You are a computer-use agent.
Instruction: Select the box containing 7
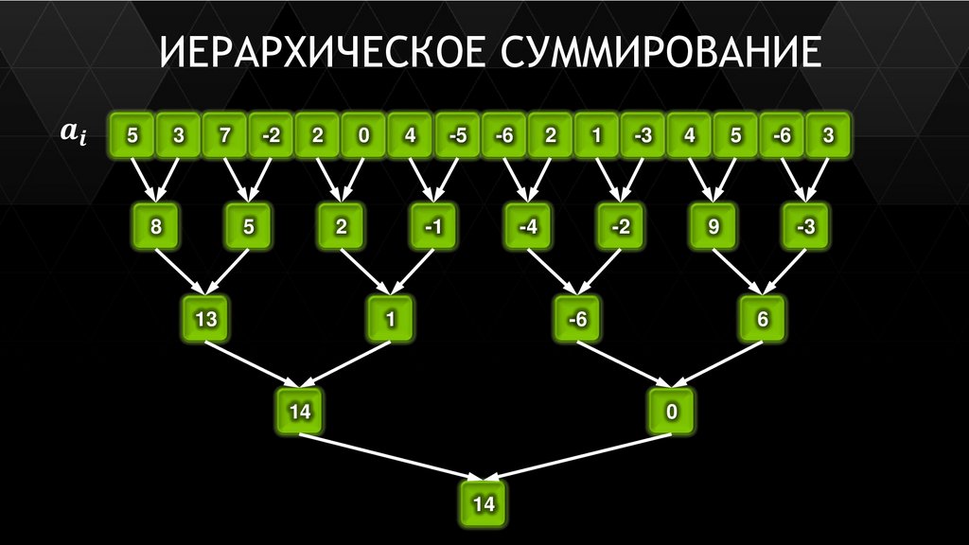[x=225, y=135]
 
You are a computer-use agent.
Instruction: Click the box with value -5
[x=457, y=135]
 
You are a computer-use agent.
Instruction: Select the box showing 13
[x=205, y=320]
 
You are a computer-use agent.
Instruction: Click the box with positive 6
[x=763, y=320]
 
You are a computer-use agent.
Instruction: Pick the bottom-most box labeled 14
[x=484, y=503]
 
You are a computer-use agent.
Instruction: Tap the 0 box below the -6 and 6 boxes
[x=670, y=412]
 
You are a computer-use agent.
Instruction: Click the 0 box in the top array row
[x=364, y=135]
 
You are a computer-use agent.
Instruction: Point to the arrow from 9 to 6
[x=735, y=272]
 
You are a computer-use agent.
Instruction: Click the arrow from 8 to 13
[x=179, y=272]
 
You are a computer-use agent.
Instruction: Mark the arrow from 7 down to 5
[x=237, y=180]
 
